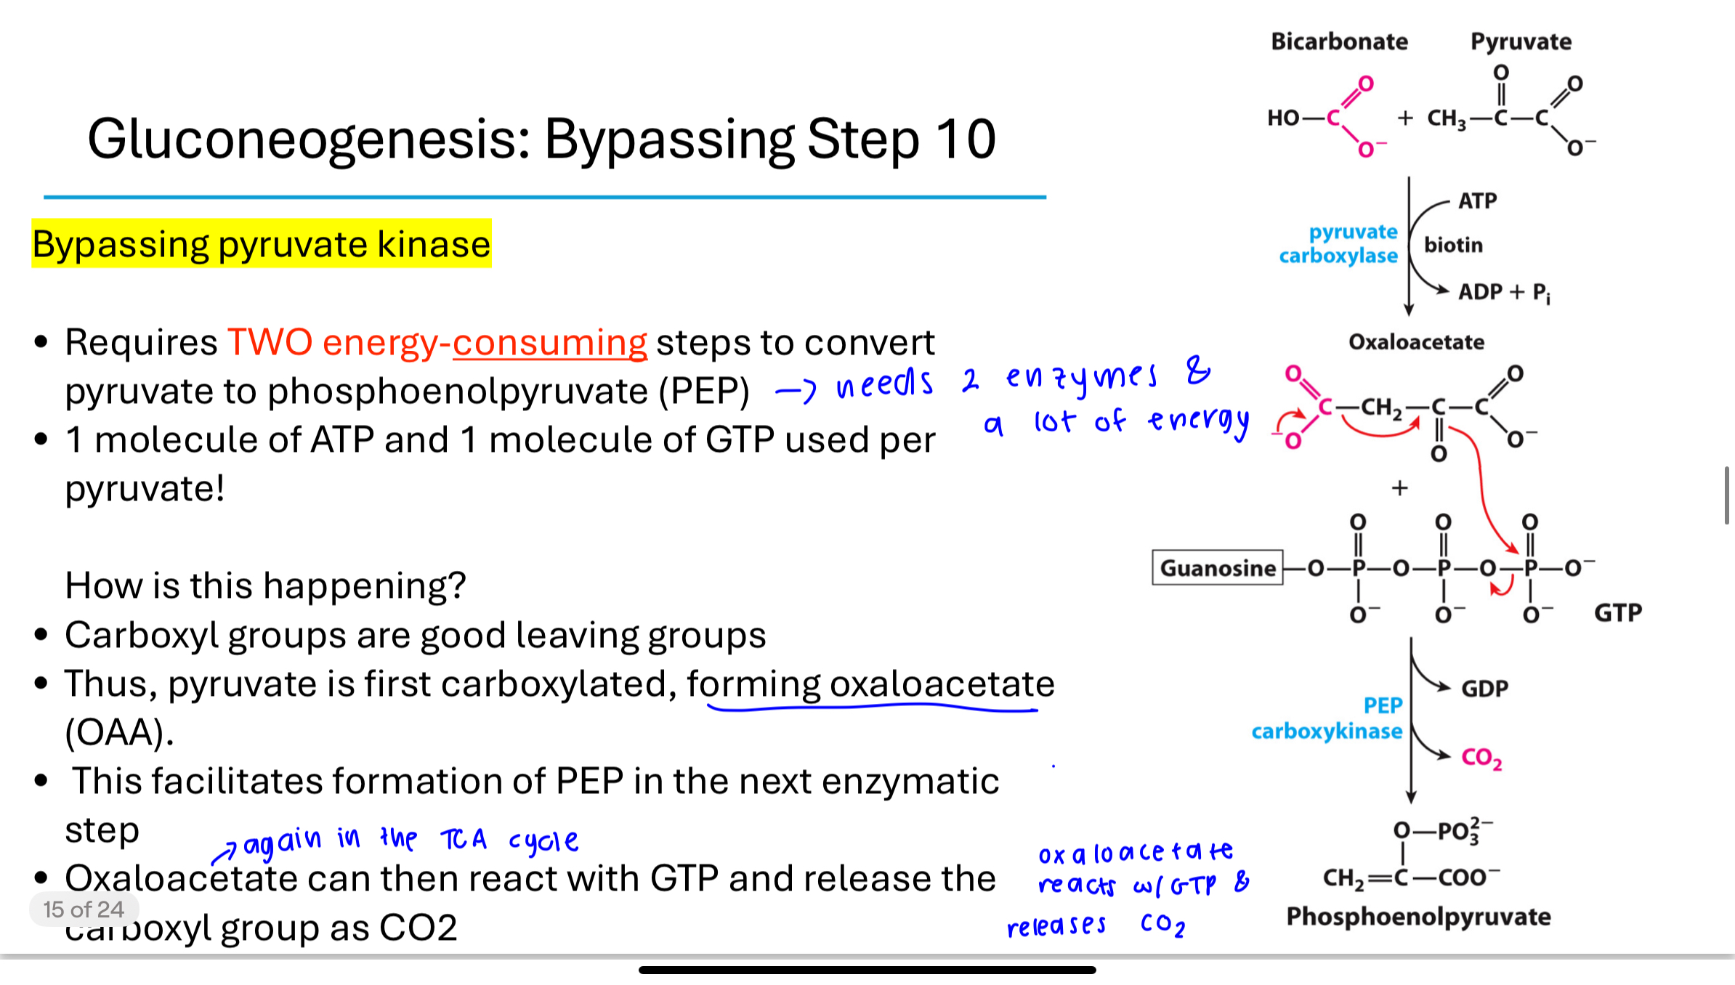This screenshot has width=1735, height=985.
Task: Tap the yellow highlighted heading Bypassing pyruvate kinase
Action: tap(262, 243)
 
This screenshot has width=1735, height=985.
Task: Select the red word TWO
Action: tap(270, 341)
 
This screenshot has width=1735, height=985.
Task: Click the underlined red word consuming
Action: tap(550, 343)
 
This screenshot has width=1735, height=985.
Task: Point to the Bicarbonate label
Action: tap(1339, 41)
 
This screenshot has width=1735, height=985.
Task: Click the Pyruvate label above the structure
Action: tap(1521, 42)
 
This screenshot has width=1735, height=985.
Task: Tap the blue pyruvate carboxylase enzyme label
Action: tap(1338, 243)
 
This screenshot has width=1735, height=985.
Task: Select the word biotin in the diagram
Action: tap(1453, 245)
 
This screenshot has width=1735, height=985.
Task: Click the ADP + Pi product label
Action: tap(1504, 292)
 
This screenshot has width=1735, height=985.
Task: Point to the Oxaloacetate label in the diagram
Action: tap(1416, 342)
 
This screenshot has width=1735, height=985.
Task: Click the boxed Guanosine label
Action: tap(1218, 567)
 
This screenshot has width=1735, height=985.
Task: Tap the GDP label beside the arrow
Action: tap(1484, 688)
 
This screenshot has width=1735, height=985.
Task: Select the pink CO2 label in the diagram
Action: tap(1481, 758)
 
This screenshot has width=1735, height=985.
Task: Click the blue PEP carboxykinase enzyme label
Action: tap(1327, 718)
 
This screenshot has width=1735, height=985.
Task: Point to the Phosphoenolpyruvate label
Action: tap(1418, 917)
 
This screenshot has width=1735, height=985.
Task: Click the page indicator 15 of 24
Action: tap(84, 909)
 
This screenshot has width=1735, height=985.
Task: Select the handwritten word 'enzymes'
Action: tap(1082, 377)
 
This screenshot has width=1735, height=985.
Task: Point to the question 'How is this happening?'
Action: tap(265, 585)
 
